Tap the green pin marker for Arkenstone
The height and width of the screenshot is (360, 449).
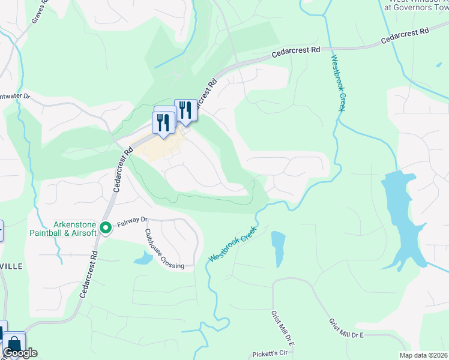[106, 227]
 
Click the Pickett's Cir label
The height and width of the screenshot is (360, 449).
[270, 354]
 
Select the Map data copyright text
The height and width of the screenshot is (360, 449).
[424, 355]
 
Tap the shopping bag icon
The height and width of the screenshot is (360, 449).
[13, 344]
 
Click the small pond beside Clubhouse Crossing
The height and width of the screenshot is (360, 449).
[144, 259]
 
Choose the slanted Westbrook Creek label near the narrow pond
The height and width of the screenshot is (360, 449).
[233, 243]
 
